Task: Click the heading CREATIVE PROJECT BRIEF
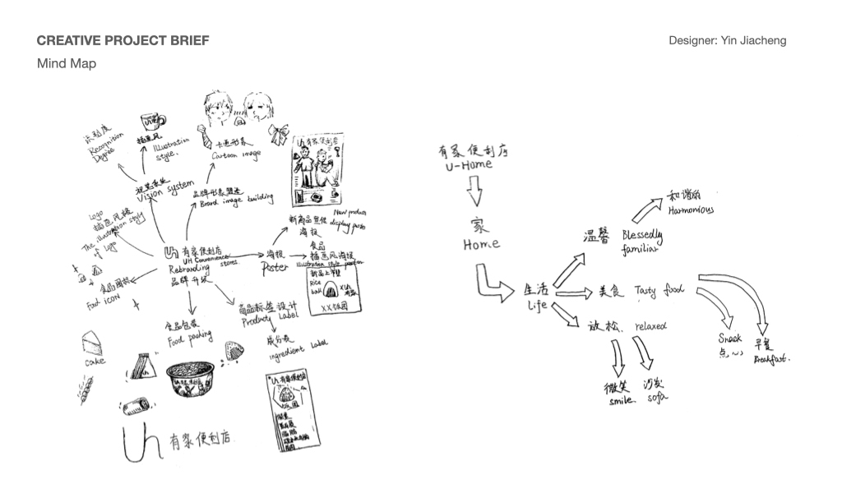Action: tap(123, 40)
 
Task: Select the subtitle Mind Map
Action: tap(67, 63)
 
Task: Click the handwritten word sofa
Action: tap(655, 399)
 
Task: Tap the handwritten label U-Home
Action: tap(466, 164)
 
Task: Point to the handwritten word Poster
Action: tap(275, 268)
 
